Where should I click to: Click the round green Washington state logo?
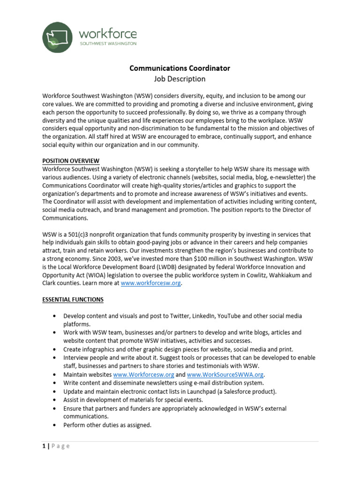coord(58,37)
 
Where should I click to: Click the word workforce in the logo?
coord(108,34)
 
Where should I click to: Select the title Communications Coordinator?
coord(180,68)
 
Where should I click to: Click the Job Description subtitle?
coord(180,79)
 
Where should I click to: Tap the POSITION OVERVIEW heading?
coord(71,161)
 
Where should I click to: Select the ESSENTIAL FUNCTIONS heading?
coord(73,300)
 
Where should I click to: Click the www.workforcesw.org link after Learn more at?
coord(150,284)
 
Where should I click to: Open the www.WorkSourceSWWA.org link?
coord(225,375)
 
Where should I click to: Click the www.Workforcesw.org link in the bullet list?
coord(144,375)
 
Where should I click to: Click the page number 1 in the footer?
coord(44,446)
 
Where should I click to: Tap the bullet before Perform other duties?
coord(56,425)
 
